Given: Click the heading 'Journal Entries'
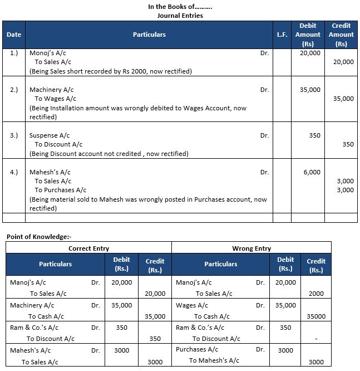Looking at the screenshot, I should point(179,16).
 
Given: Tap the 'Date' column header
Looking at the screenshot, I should point(14,35).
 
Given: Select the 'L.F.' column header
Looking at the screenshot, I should point(282,35).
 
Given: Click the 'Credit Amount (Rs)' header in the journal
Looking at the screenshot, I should point(341,35).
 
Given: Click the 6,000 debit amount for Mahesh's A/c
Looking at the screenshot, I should point(312,172).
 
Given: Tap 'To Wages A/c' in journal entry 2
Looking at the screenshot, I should point(56,99).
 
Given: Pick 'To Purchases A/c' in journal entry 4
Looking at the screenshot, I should point(61,190).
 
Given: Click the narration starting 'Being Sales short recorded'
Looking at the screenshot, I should point(111,71).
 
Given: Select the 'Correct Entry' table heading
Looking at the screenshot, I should point(88,248).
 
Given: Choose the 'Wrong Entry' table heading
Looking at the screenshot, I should point(251,248).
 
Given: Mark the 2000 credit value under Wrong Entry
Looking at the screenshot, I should point(315,294).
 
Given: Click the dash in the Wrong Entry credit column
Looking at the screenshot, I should point(315,338).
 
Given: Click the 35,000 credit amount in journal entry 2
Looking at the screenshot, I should point(343,99).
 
